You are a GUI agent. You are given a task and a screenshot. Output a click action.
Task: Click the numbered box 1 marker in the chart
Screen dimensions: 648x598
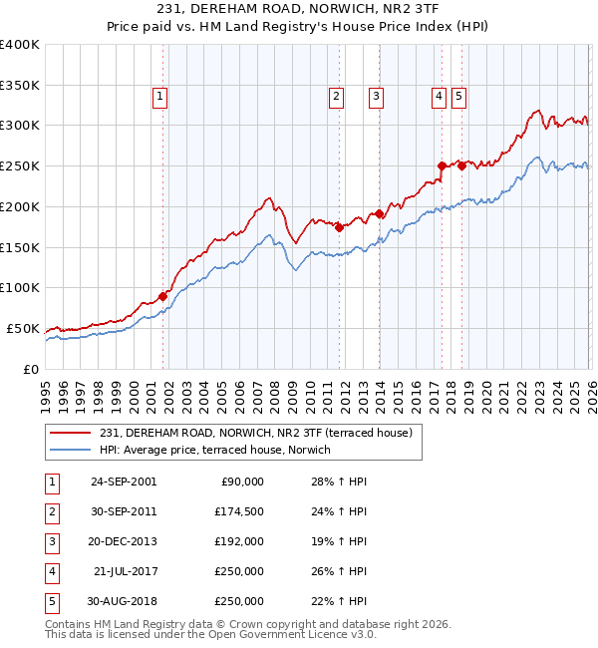[x=160, y=97]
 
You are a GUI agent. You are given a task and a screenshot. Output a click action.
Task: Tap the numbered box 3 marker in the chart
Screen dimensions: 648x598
[x=376, y=97]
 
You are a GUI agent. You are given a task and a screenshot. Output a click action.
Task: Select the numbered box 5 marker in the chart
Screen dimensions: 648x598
[x=458, y=97]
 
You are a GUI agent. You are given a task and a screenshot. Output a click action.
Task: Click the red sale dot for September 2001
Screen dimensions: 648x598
[x=162, y=296]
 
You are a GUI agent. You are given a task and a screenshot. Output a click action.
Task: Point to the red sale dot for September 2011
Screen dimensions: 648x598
[x=339, y=227]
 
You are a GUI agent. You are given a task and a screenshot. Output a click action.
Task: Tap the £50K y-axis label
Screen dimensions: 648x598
[x=23, y=329]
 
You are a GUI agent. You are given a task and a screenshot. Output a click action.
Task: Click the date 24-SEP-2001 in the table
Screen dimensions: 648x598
[x=124, y=482]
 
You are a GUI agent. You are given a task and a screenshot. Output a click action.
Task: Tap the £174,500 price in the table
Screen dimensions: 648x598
[x=239, y=511]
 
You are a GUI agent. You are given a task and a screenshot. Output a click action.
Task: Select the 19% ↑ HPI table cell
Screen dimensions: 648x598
[x=339, y=541]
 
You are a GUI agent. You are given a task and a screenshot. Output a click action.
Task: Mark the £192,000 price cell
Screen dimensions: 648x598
[x=239, y=541]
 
